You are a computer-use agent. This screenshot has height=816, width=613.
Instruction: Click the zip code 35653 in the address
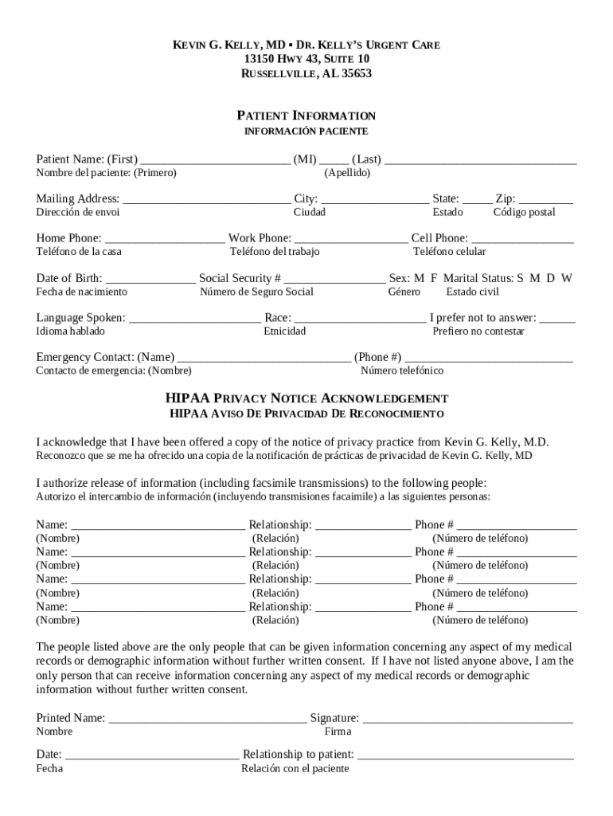tap(355, 74)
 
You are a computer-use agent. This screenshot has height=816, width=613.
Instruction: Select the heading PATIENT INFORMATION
tap(306, 116)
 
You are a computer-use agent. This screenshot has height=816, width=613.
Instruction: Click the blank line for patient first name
tap(214, 159)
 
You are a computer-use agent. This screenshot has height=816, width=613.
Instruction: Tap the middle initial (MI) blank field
tap(334, 159)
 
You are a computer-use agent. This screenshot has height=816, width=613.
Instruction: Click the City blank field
tap(374, 198)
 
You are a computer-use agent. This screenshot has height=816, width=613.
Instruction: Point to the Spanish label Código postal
tap(524, 212)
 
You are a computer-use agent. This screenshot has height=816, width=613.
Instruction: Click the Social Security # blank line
tap(334, 278)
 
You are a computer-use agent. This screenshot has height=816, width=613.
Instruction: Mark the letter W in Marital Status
tap(566, 278)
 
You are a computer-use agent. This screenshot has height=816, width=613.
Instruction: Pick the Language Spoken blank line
tap(194, 317)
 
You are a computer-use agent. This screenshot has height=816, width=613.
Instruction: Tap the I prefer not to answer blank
tap(557, 317)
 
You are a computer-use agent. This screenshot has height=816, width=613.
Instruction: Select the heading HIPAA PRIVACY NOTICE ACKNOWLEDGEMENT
tap(306, 398)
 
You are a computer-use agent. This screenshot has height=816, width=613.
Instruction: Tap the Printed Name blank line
tap(207, 718)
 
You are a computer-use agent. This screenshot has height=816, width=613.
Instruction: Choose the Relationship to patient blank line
tap(465, 755)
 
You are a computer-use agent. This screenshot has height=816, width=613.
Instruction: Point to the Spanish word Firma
tap(338, 732)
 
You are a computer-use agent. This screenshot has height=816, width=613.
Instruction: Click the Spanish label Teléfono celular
tap(449, 252)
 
